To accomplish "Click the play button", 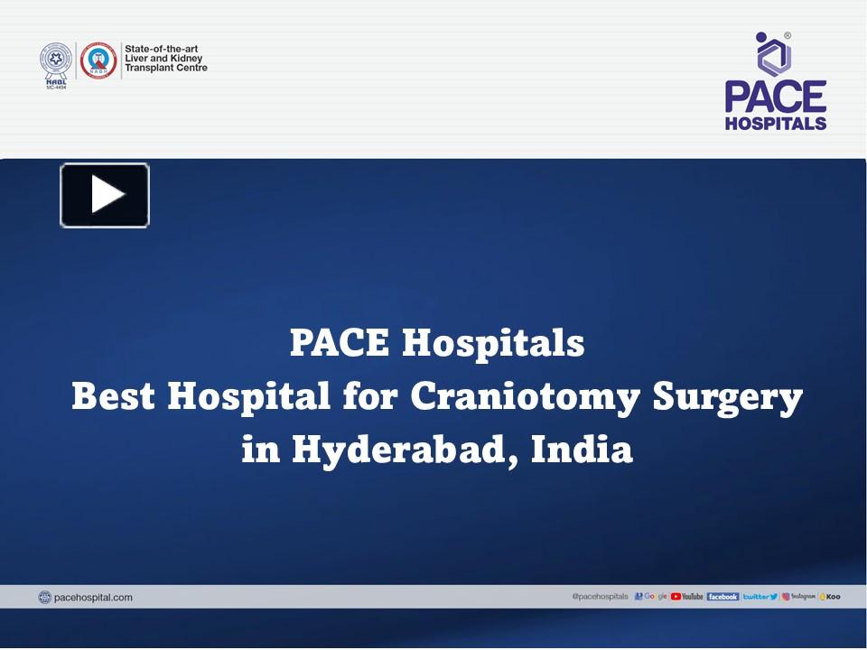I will [x=105, y=195].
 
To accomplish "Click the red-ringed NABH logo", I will [x=98, y=60].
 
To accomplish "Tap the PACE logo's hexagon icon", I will [x=774, y=53].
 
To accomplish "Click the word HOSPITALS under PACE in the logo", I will [x=776, y=123].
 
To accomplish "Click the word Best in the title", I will [x=115, y=396].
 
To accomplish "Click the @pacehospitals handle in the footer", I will [x=600, y=597].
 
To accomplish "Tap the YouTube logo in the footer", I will [x=687, y=597].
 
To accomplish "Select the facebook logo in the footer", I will [x=722, y=597].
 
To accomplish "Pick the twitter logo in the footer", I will [x=760, y=597].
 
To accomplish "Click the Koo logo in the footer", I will [x=829, y=597].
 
